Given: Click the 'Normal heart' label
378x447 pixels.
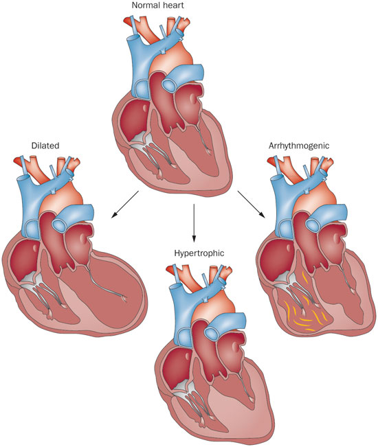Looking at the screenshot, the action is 158,5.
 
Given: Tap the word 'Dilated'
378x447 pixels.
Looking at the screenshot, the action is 45,146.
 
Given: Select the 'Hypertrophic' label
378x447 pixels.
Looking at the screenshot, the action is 199,253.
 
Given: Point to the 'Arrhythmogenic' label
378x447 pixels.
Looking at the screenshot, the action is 299,146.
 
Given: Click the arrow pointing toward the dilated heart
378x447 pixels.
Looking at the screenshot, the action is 125,205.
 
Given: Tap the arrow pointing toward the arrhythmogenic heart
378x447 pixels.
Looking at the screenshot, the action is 252,205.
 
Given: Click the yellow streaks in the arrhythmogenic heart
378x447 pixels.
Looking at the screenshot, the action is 302,308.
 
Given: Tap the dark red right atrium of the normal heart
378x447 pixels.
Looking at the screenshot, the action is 133,117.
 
